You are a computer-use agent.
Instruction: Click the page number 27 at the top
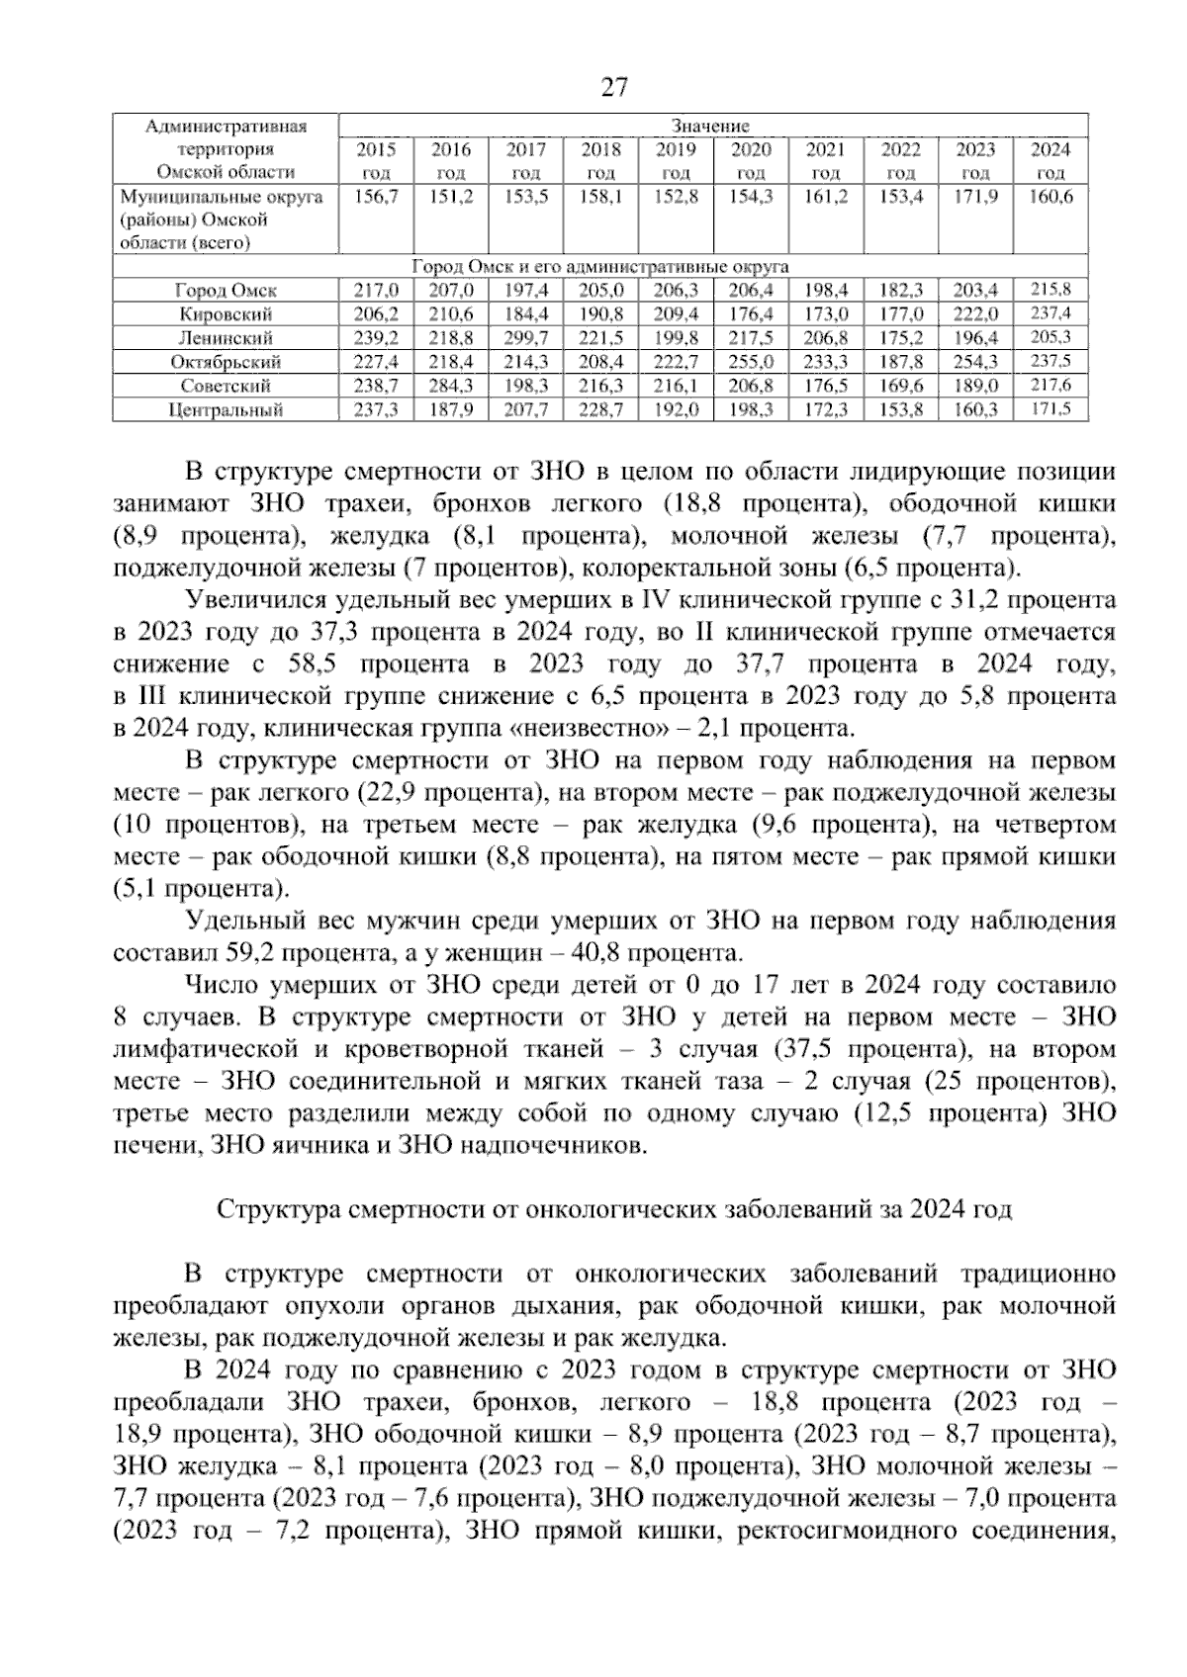click(x=613, y=87)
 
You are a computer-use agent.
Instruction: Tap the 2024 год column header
click(x=1050, y=161)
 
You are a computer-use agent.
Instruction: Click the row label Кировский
click(x=226, y=314)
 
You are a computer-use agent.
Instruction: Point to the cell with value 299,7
click(x=526, y=338)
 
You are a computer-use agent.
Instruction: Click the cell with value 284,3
click(x=451, y=386)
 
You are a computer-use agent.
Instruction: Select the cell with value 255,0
click(x=752, y=362)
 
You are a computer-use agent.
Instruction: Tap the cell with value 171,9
click(x=975, y=197)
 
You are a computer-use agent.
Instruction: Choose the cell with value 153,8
click(x=901, y=409)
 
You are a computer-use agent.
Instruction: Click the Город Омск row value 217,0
click(x=376, y=291)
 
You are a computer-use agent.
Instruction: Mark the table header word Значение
click(x=710, y=126)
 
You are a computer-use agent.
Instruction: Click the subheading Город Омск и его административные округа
click(x=599, y=267)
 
